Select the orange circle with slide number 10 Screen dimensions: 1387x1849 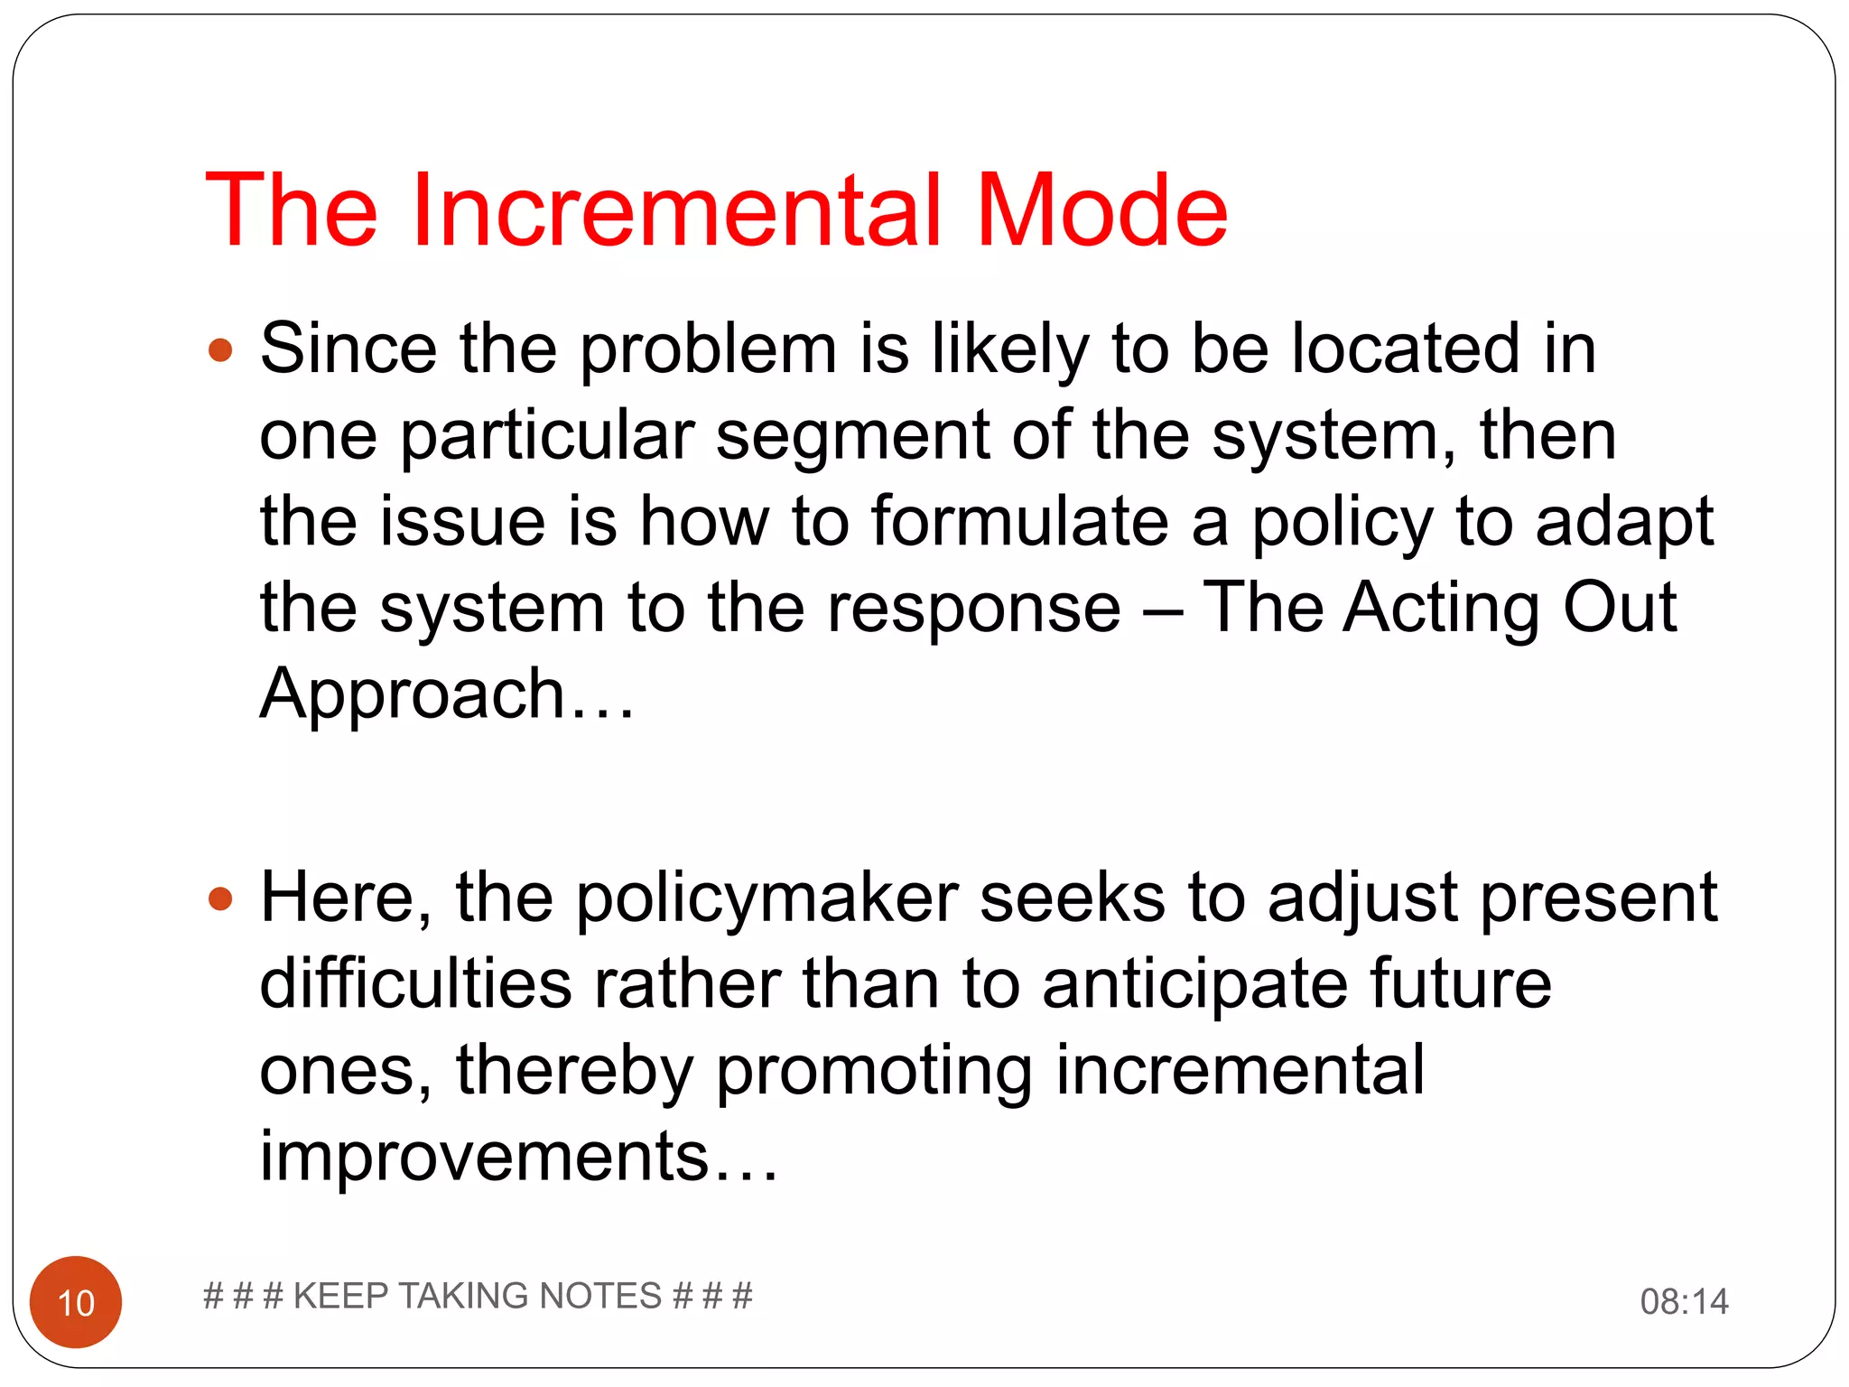(76, 1301)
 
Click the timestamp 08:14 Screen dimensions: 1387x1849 (1684, 1301)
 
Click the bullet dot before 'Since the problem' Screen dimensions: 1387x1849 (220, 349)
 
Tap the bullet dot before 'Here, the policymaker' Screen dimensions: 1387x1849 (220, 898)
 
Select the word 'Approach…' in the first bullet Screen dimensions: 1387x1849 (448, 693)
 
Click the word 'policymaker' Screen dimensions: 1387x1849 (767, 898)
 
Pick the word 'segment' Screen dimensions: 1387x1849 (852, 436)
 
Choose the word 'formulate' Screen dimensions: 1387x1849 (1019, 522)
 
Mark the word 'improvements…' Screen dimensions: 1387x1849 (519, 1156)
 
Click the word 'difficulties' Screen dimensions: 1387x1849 (415, 983)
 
